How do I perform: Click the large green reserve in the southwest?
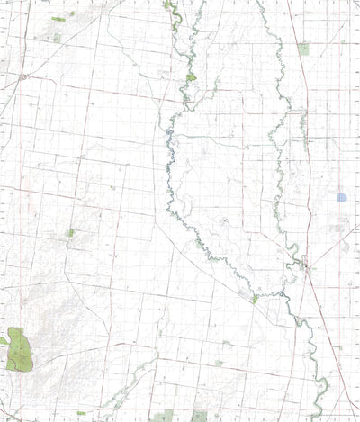pyautogui.click(x=19, y=351)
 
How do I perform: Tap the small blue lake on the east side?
pyautogui.click(x=341, y=196)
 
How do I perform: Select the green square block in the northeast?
pyautogui.click(x=303, y=49)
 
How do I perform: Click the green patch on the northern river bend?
pyautogui.click(x=191, y=77)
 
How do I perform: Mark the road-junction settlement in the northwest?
pyautogui.click(x=22, y=77)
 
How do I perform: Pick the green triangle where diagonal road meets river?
pyautogui.click(x=256, y=298)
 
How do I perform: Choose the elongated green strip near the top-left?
pyautogui.click(x=58, y=18)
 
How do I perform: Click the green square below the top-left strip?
pyautogui.click(x=57, y=38)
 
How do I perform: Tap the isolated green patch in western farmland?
pyautogui.click(x=69, y=233)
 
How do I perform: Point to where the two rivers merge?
pyautogui.click(x=292, y=261)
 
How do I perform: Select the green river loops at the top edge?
pyautogui.click(x=175, y=11)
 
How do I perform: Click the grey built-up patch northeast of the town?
pyautogui.click(x=338, y=229)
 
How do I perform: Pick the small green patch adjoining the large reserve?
pyautogui.click(x=4, y=341)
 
